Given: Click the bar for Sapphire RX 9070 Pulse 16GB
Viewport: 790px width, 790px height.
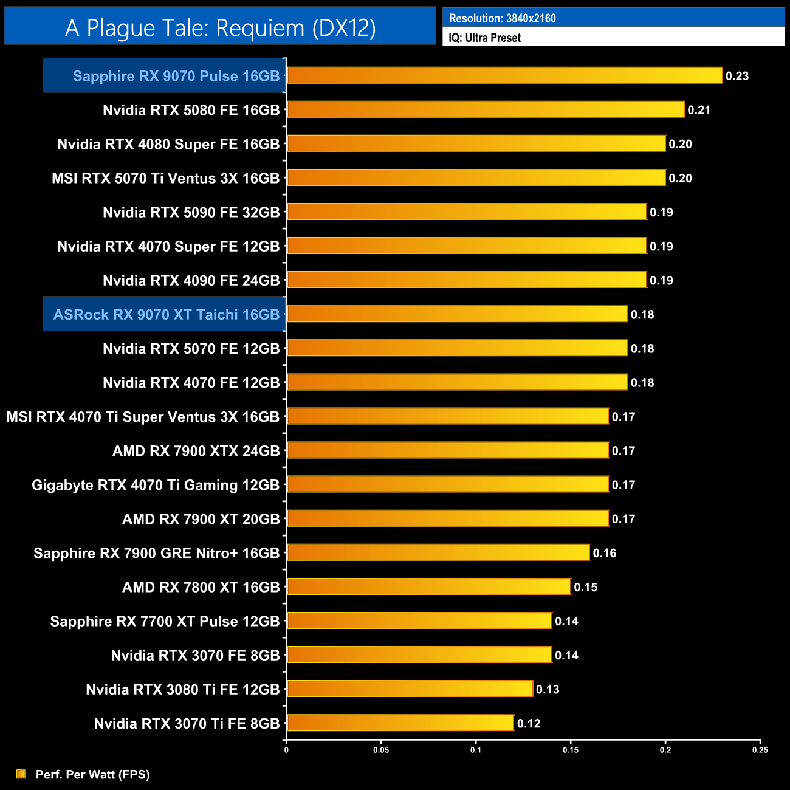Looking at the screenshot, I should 504,75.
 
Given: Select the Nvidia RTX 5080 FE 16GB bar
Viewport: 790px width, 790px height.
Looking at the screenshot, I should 486,109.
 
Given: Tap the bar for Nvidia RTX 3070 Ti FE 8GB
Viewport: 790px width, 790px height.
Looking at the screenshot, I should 400,723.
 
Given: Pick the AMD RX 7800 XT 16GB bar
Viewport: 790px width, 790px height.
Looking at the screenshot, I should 428,587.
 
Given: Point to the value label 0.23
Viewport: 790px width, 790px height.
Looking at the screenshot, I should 737,76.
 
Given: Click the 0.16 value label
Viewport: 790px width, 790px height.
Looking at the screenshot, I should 605,553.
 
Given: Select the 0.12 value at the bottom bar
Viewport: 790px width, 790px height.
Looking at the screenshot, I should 529,723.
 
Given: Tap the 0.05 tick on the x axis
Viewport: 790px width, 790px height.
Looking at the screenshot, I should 381,750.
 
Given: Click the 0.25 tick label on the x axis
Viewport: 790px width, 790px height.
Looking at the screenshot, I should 760,750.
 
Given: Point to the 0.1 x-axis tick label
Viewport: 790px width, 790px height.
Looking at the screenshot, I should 476,750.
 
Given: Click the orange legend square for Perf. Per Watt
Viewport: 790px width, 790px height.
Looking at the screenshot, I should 21,774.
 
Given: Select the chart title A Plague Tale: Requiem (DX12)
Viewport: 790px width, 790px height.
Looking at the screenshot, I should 221,28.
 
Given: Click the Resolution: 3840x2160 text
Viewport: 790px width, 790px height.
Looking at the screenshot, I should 502,18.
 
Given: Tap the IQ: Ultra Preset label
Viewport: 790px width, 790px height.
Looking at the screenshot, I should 484,38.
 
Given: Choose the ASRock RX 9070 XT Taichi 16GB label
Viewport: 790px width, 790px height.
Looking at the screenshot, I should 167,314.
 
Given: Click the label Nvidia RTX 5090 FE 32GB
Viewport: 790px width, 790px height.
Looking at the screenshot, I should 191,212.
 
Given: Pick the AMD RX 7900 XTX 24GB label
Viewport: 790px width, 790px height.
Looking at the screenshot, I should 196,451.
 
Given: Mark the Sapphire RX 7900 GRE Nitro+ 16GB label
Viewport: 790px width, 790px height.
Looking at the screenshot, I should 156,553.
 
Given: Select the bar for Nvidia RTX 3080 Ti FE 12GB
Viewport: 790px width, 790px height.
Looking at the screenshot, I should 410,689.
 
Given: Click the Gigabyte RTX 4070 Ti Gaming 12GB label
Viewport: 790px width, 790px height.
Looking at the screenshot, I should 156,485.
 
